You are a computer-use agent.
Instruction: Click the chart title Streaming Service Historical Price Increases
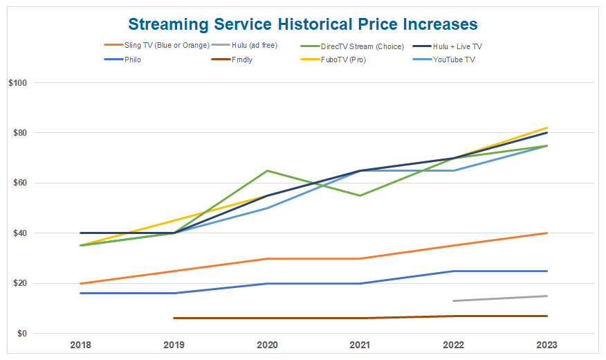(x=302, y=24)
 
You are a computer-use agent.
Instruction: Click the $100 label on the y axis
(x=17, y=83)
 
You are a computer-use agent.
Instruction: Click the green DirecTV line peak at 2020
(x=267, y=170)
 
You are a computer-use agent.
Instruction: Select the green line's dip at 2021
(x=360, y=195)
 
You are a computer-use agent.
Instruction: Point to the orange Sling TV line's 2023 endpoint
(x=547, y=233)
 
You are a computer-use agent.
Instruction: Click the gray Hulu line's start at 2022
(x=454, y=301)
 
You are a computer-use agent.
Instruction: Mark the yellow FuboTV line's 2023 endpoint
(x=547, y=127)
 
